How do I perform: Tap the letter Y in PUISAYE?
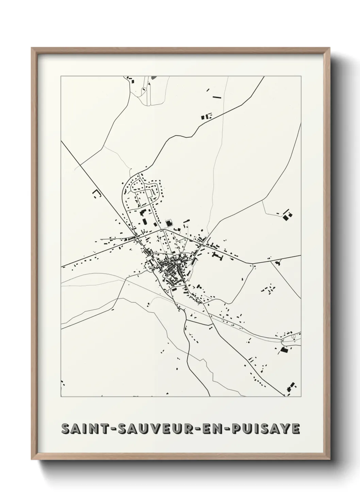coord(286,429)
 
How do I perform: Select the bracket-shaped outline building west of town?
coord(97,194)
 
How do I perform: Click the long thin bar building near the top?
coord(217,97)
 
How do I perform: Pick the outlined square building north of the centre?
coord(168,223)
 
